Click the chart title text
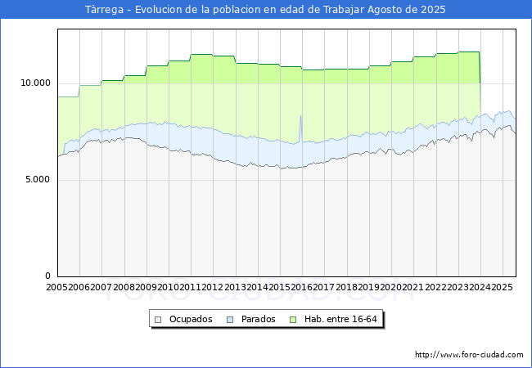pos(266,10)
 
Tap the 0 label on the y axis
pos(47,276)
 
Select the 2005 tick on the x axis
pos(57,288)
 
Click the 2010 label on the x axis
pos(169,288)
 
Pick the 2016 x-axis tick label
pos(302,288)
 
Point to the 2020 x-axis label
pos(391,288)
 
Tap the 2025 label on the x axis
pos(501,288)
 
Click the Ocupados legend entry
pos(190,319)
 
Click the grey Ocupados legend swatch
pos(159,319)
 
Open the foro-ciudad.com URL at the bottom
pos(469,355)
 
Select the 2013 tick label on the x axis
pos(236,288)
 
